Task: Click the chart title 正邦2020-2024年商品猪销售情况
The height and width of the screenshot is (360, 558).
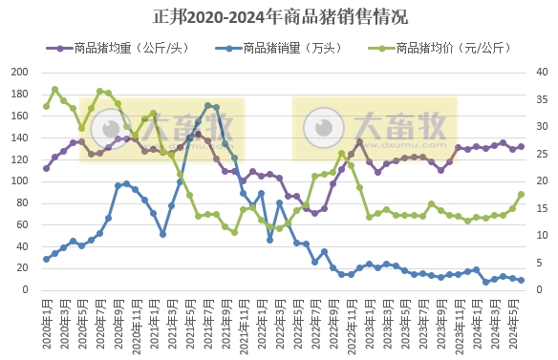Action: coord(280,16)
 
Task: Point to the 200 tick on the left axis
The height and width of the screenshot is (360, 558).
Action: coord(20,72)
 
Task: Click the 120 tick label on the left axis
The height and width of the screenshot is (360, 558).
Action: coord(20,159)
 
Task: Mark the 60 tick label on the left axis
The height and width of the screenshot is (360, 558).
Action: coord(24,224)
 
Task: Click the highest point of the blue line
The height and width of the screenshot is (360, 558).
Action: coord(207,105)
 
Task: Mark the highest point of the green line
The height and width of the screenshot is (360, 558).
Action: coord(54,90)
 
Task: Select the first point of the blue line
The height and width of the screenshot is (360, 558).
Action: coord(46,259)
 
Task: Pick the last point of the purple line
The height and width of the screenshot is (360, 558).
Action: coord(521,147)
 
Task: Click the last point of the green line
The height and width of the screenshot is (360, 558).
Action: coord(521,194)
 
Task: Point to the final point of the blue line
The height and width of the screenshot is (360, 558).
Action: coord(521,281)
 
